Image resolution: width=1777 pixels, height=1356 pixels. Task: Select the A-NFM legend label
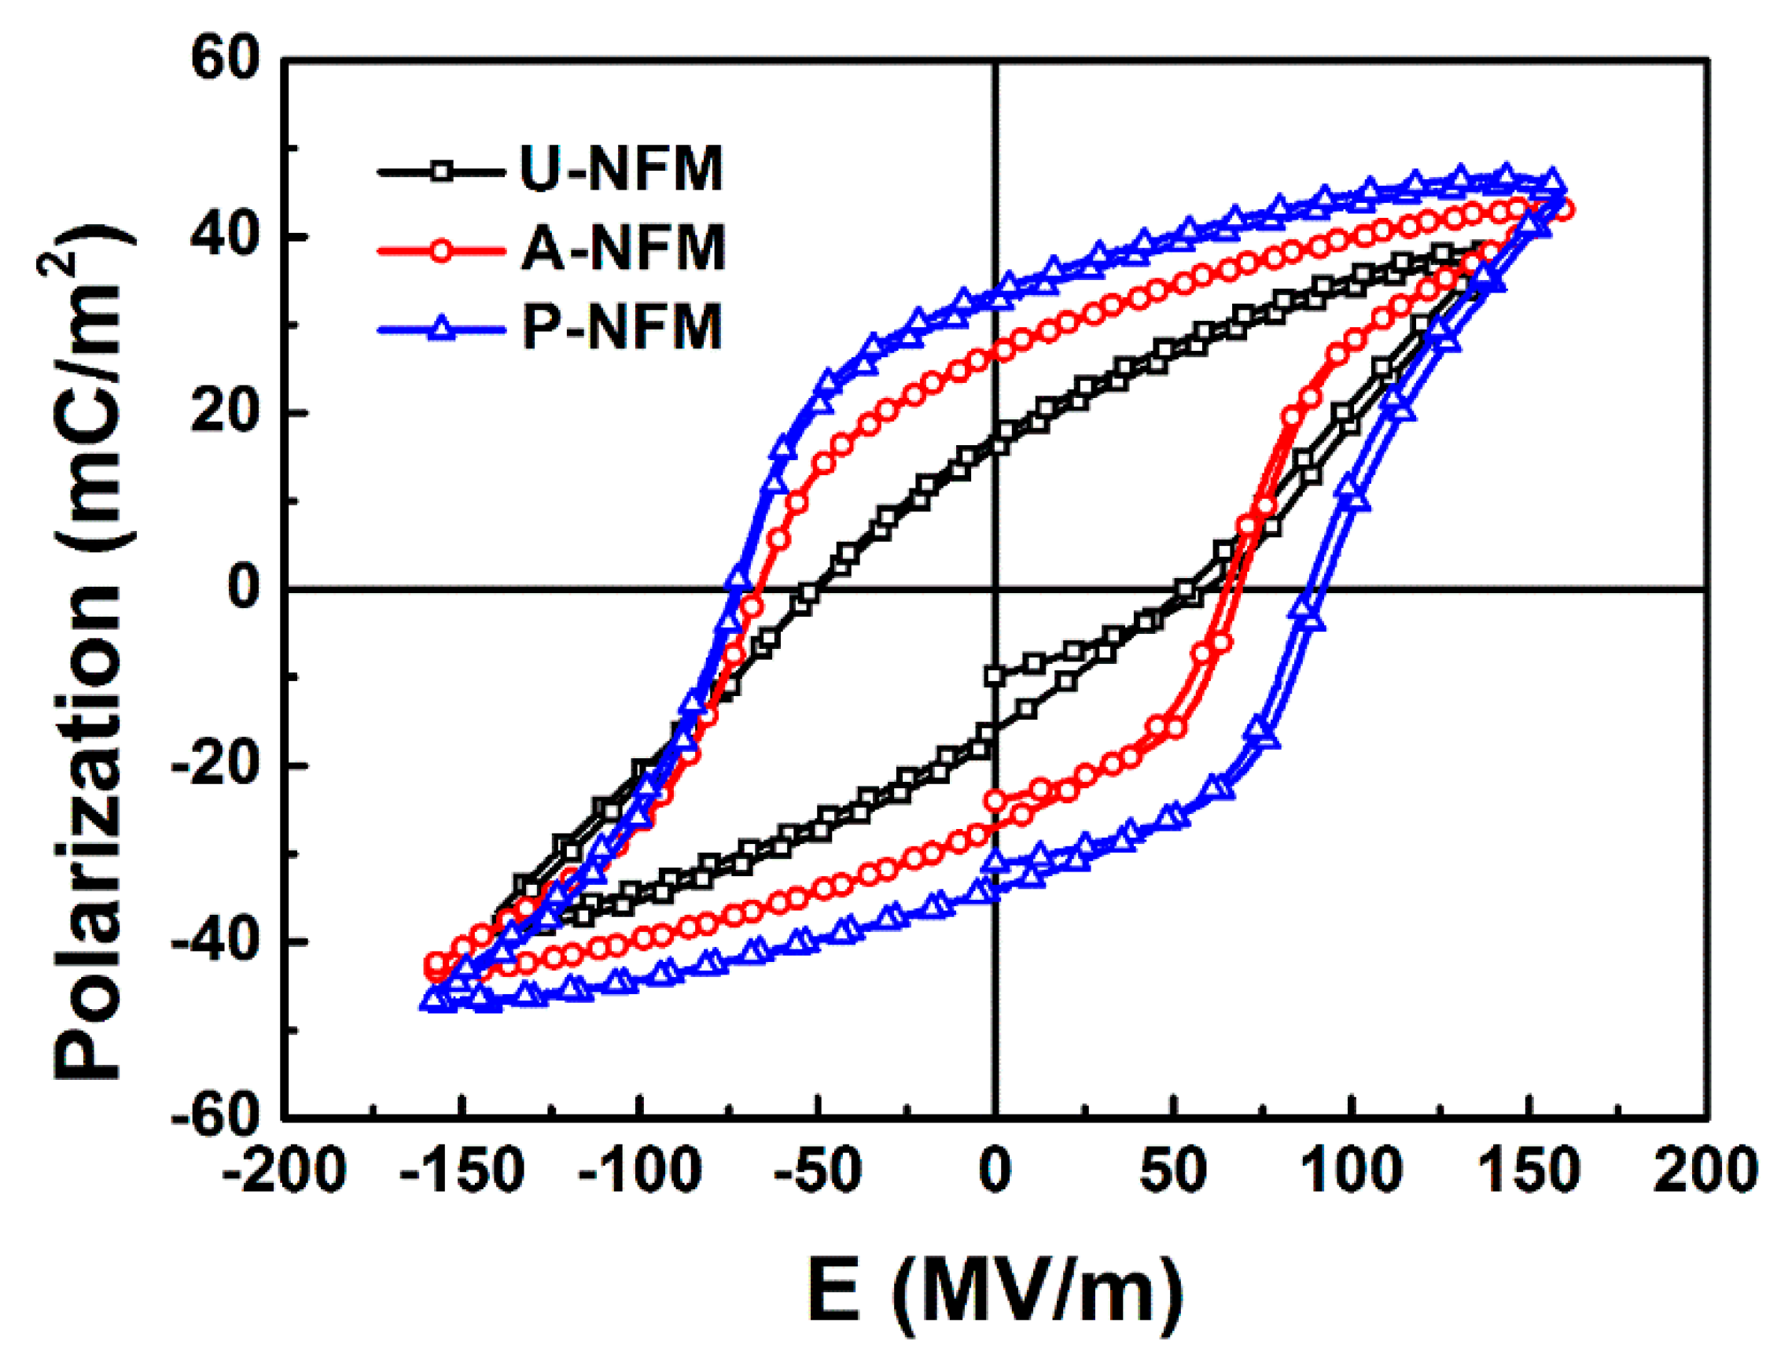click(623, 249)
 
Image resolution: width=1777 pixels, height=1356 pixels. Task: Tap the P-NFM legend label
click(621, 327)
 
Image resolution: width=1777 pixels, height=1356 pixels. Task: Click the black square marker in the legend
click(440, 171)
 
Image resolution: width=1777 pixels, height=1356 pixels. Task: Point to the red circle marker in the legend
click(440, 250)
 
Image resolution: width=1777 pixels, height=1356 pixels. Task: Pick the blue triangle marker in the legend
click(440, 328)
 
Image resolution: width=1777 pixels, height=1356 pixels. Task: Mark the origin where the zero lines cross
click(996, 590)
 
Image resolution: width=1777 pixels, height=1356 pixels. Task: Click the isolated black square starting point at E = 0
click(996, 676)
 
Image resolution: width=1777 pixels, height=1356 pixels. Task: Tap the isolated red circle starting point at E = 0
click(996, 801)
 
